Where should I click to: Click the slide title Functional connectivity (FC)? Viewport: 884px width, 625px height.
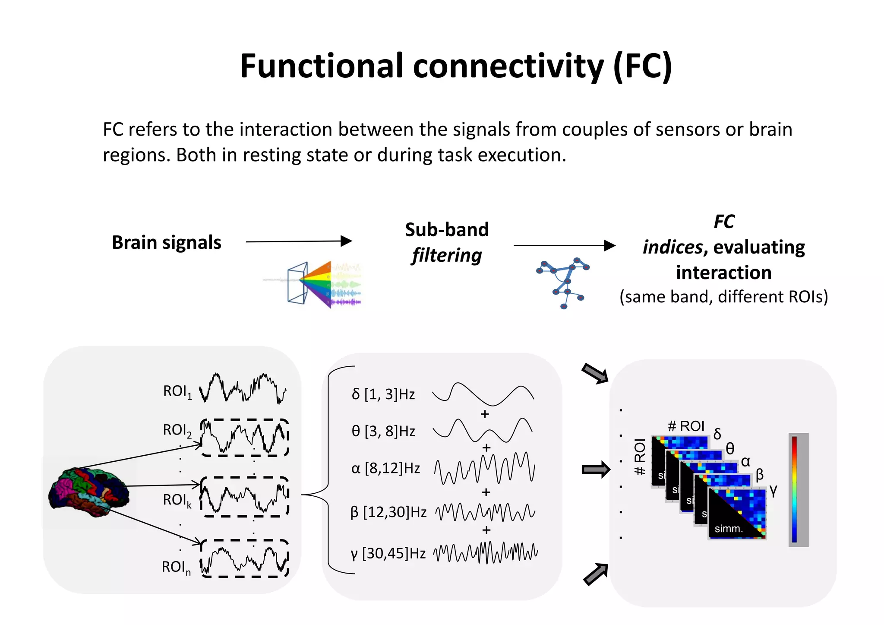455,66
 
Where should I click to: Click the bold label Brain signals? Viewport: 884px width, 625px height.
166,243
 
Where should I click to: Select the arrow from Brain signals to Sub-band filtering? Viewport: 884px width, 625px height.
299,241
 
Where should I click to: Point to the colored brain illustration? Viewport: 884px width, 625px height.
88,492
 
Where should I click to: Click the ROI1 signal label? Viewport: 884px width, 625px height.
177,391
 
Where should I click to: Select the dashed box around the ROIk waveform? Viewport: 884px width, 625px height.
244,497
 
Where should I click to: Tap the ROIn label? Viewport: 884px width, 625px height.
176,567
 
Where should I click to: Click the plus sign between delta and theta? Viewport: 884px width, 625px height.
485,414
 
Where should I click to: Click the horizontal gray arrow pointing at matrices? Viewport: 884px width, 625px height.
595,470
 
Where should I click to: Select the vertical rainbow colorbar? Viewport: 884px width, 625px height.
794,489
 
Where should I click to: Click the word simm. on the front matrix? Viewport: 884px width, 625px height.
729,529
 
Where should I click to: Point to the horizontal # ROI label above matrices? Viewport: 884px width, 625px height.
686,426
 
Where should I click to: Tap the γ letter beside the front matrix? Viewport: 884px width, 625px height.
773,490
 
